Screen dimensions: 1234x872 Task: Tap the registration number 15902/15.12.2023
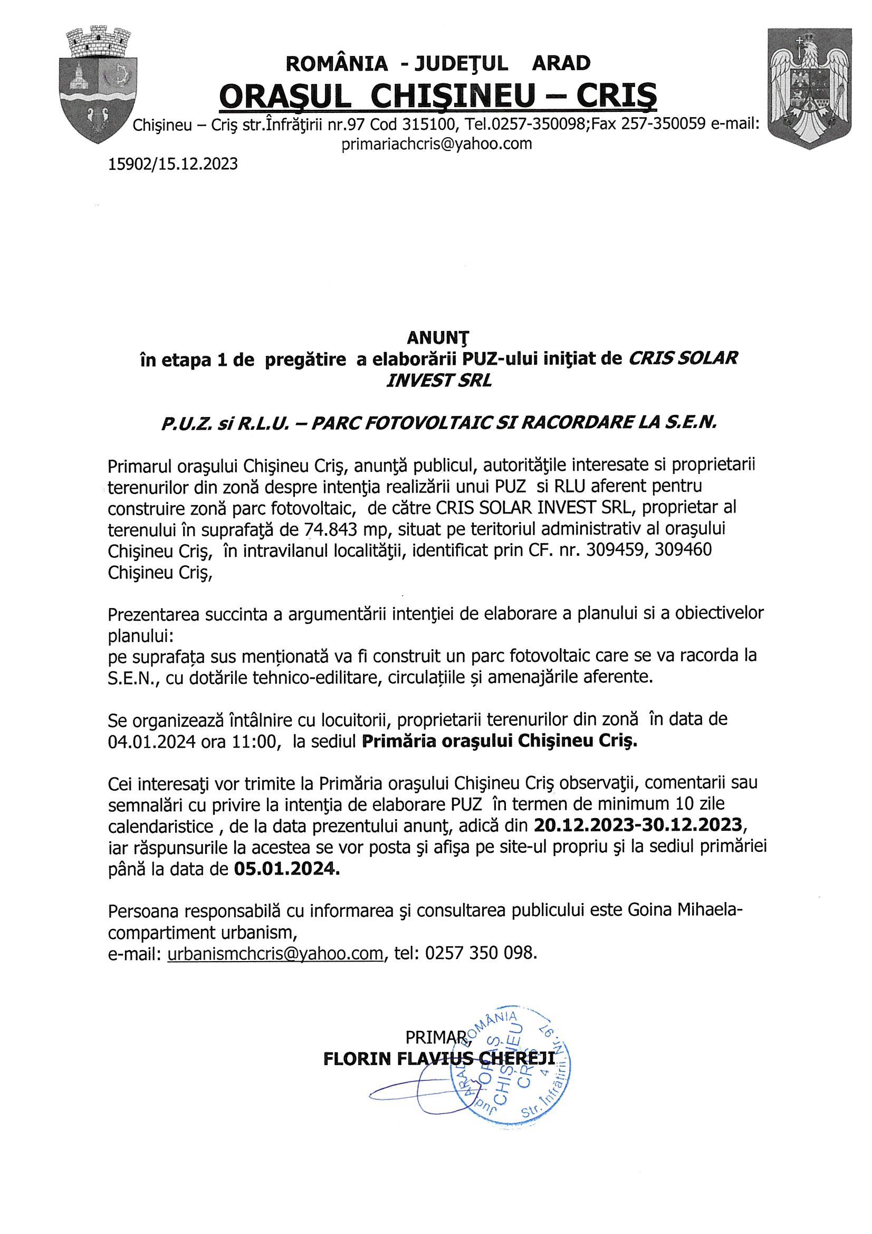(x=173, y=164)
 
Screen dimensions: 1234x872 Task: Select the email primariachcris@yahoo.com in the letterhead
(x=437, y=144)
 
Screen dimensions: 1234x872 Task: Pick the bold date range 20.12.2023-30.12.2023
(x=638, y=824)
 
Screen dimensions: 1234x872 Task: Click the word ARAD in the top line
(x=560, y=63)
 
